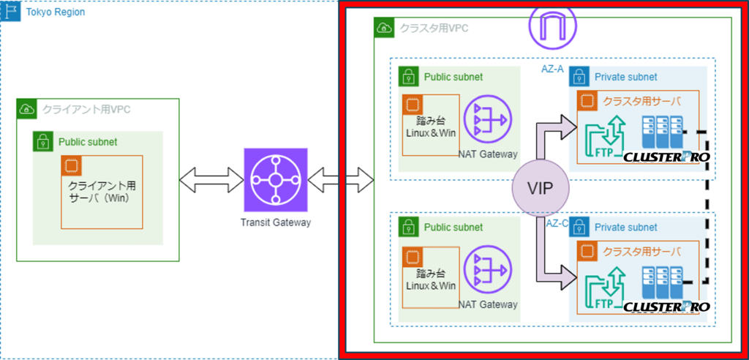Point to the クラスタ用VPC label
(x=433, y=29)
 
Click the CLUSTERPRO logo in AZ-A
(x=666, y=157)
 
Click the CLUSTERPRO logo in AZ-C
(x=666, y=307)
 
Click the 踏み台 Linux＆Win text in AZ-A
(x=431, y=125)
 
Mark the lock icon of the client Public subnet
(x=42, y=141)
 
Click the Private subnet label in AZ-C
(x=625, y=228)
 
